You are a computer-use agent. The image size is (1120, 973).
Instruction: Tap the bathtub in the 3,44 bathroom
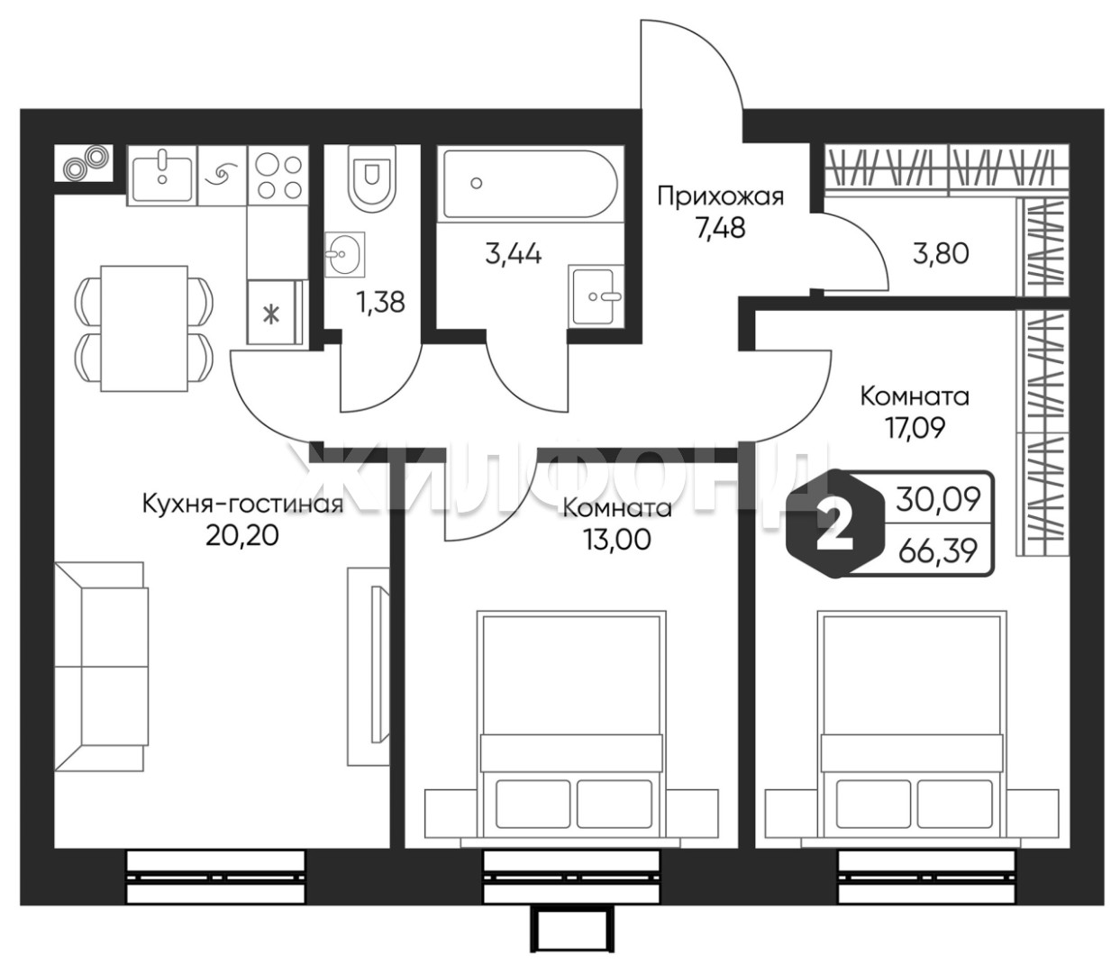point(531,184)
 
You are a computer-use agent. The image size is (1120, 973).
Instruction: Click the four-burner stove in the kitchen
point(278,175)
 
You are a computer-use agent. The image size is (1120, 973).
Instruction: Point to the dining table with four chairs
point(144,328)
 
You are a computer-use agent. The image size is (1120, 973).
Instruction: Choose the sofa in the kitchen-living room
point(101,667)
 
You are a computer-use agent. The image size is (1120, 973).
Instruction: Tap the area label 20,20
point(242,536)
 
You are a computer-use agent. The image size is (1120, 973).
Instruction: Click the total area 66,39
point(937,552)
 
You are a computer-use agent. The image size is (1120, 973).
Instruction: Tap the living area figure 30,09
point(937,500)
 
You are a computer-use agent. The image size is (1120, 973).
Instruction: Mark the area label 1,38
point(380,302)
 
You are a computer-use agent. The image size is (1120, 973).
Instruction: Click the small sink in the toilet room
point(344,254)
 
